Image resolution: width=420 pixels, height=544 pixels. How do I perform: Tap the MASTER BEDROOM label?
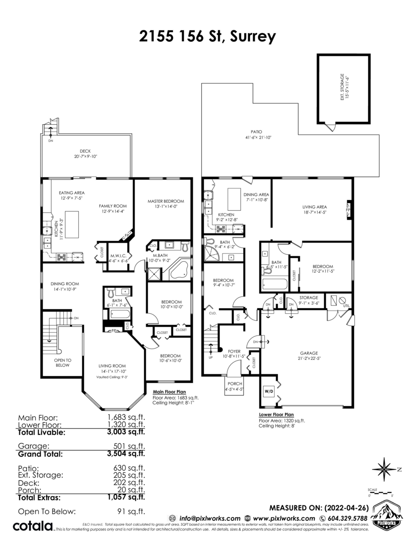pos(165,201)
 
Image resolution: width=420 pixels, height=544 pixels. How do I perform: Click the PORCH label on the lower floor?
pos(235,384)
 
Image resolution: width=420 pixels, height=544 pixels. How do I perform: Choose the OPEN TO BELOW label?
pos(63,362)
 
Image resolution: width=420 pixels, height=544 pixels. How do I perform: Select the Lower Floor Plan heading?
pos(276,414)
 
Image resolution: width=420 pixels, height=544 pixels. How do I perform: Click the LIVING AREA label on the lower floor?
pos(314,207)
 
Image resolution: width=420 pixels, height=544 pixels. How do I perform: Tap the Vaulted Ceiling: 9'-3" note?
pos(112,377)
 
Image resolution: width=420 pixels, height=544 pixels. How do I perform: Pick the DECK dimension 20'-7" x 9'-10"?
pos(85,156)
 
